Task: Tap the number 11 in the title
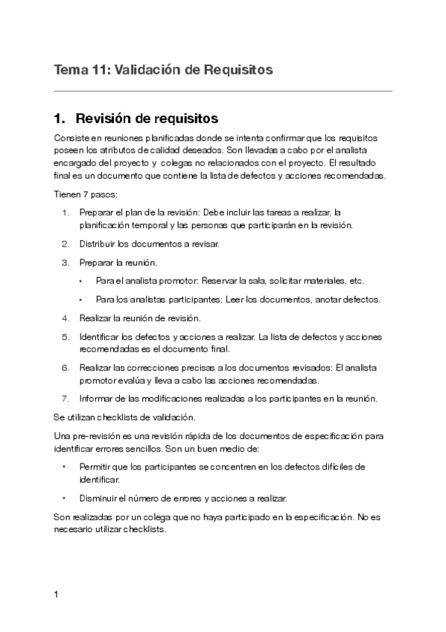coord(98,70)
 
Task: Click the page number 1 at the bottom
coord(56,595)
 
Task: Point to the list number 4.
coord(66,318)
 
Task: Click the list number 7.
coord(66,398)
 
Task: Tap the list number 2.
coord(66,244)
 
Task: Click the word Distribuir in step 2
coord(98,244)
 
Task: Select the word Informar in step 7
coord(98,398)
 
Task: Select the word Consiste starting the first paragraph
coord(71,139)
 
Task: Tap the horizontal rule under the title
coord(223,92)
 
